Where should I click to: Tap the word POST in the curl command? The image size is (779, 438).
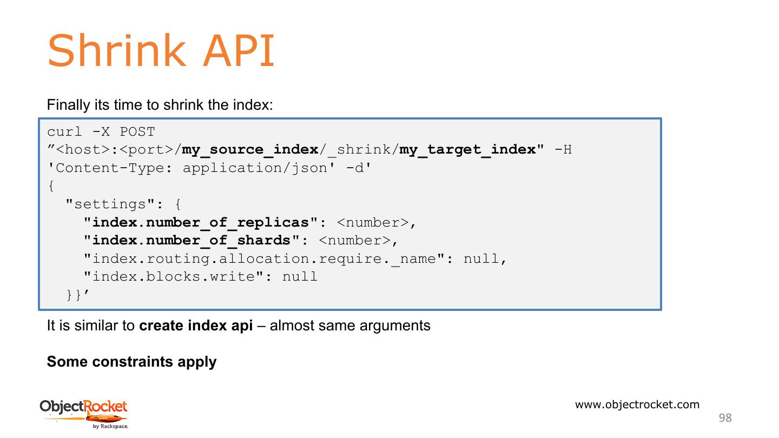click(x=137, y=132)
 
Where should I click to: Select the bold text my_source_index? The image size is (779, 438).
click(x=250, y=150)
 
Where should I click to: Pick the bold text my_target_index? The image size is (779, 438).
click(x=467, y=150)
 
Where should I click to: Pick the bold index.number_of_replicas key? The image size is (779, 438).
click(x=200, y=223)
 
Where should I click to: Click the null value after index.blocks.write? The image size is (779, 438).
click(x=300, y=277)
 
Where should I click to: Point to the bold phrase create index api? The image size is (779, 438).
click(x=196, y=326)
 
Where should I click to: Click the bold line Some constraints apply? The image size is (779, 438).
click(x=131, y=362)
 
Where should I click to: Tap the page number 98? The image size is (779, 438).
click(x=725, y=417)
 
